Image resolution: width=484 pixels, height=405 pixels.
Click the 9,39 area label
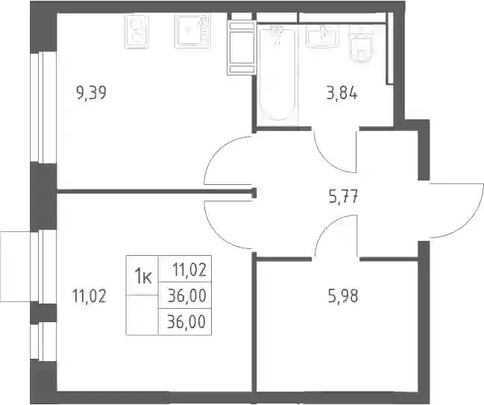click(91, 93)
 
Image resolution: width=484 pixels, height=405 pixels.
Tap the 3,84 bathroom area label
click(342, 93)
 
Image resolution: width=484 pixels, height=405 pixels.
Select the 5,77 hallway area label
click(344, 197)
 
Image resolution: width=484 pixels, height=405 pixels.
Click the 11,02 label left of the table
click(89, 296)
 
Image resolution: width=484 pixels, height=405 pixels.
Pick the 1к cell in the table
click(142, 276)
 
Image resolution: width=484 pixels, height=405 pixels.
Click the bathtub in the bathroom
click(278, 73)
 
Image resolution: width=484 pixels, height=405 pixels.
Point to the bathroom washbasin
click(322, 36)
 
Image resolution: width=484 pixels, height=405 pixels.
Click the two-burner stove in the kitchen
click(136, 31)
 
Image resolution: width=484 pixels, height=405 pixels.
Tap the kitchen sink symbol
click(193, 31)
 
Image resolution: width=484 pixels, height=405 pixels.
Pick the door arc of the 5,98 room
click(328, 227)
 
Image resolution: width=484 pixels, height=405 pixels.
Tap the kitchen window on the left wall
click(43, 107)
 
